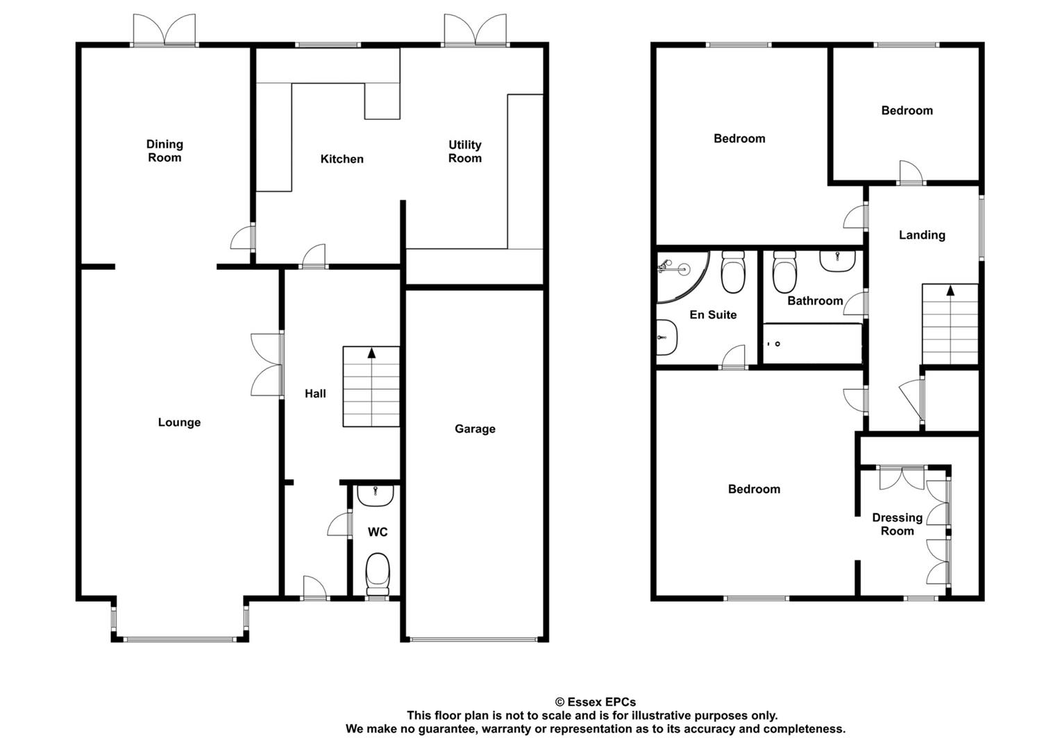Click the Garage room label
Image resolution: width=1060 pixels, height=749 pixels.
[x=475, y=429]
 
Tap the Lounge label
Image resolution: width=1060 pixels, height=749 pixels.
[x=179, y=422]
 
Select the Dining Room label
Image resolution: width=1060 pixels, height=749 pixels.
[x=165, y=151]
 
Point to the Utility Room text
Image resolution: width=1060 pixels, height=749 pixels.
[x=464, y=151]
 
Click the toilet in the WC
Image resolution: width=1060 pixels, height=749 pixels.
[x=378, y=574]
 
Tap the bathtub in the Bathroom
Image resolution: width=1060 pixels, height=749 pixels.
[x=812, y=343]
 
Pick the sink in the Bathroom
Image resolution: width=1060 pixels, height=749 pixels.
[x=837, y=261]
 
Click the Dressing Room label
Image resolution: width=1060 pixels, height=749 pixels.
[x=897, y=524]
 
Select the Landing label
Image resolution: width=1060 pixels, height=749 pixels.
[x=922, y=235]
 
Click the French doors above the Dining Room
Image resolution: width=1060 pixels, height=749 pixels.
[x=165, y=31]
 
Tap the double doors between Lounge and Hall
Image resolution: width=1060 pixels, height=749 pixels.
[x=267, y=365]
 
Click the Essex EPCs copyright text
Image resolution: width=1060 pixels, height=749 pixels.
[x=596, y=702]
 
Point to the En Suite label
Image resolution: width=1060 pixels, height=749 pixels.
[x=713, y=315]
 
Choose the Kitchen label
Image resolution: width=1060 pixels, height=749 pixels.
[x=342, y=159]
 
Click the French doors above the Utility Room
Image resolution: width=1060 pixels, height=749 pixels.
[x=475, y=31]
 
